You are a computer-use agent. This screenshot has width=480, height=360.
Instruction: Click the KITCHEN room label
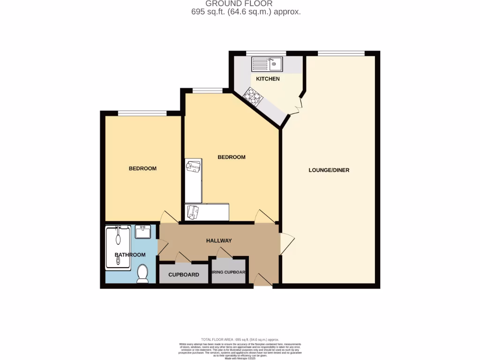tap(268, 79)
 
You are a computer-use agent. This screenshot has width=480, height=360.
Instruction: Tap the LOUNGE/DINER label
tap(329, 170)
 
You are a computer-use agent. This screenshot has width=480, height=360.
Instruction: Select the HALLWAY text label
tap(219, 240)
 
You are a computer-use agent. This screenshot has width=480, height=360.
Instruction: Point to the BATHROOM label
tap(130, 255)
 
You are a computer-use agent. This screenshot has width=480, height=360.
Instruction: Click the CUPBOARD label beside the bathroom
tap(184, 275)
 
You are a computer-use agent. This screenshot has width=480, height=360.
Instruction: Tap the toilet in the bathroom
tap(142, 274)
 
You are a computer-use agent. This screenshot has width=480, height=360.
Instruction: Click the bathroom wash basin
tap(142, 232)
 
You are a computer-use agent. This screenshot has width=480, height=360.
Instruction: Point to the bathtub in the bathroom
tap(118, 247)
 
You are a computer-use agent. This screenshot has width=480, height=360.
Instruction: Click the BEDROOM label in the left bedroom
tap(142, 168)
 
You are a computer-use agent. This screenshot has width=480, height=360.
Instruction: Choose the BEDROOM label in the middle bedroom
tap(232, 157)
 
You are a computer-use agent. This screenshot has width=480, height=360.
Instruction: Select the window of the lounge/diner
tap(341, 53)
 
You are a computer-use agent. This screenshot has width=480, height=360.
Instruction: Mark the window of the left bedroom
tap(142, 113)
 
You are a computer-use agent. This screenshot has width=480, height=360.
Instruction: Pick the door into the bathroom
tap(162, 247)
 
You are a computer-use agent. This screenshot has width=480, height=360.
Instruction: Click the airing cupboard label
tap(229, 275)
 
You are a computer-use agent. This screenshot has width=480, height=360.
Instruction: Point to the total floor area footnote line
tap(240, 339)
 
